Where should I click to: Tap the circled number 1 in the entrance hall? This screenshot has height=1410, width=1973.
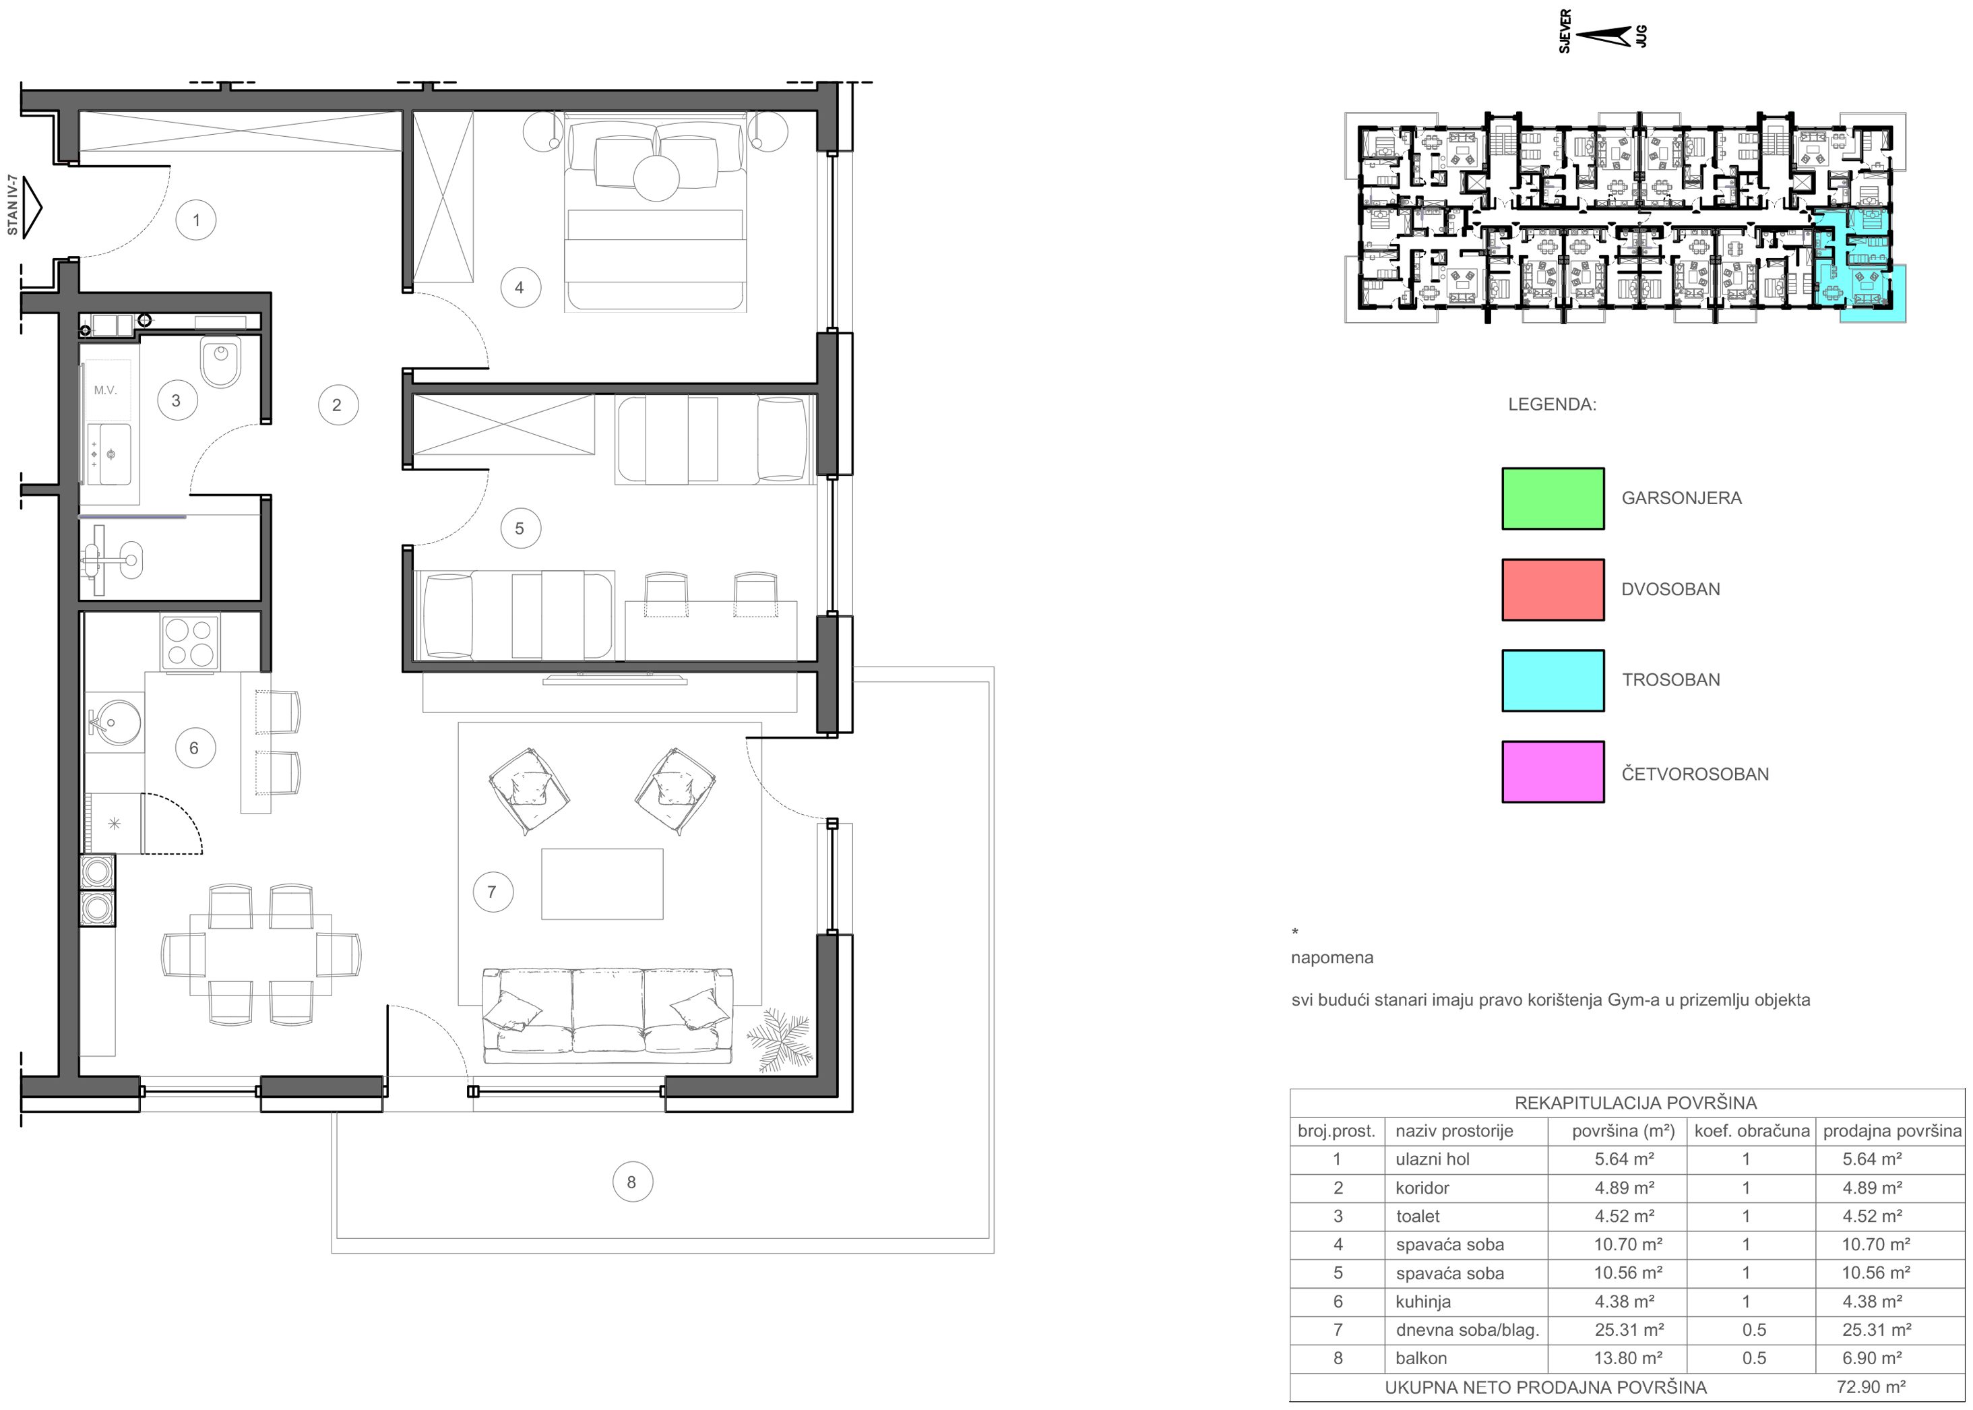point(195,220)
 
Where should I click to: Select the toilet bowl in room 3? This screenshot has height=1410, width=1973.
point(220,362)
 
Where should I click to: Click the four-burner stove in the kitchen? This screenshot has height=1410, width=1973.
point(190,642)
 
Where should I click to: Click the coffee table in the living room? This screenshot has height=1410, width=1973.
point(602,883)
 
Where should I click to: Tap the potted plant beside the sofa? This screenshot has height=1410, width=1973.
point(780,1039)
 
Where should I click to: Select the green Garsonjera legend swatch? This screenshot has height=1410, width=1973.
point(1553,498)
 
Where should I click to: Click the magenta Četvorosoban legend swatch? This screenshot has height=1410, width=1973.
point(1553,772)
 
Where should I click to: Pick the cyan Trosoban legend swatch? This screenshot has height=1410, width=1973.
point(1553,681)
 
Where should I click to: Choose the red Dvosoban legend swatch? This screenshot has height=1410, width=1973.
point(1553,590)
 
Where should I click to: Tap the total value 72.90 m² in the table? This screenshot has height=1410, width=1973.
point(1871,1386)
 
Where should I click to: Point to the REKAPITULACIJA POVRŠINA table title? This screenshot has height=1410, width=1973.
point(1635,1103)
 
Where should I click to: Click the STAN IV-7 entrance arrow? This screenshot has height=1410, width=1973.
point(31,208)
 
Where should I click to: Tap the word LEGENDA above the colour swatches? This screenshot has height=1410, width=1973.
point(1552,404)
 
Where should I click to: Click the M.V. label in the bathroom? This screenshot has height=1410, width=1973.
point(105,390)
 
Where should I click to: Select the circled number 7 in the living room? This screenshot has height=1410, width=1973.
point(492,892)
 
